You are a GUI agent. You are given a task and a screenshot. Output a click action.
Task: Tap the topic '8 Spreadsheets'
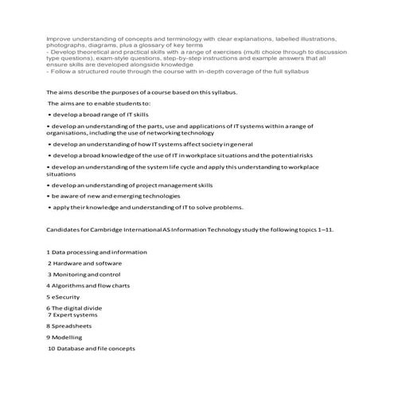pyautogui.click(x=69, y=326)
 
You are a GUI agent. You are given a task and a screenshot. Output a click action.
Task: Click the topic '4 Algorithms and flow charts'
pyautogui.click(x=88, y=284)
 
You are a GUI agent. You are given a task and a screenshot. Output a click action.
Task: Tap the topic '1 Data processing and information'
pyautogui.click(x=96, y=252)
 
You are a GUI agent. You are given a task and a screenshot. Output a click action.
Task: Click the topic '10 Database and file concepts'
pyautogui.click(x=92, y=348)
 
